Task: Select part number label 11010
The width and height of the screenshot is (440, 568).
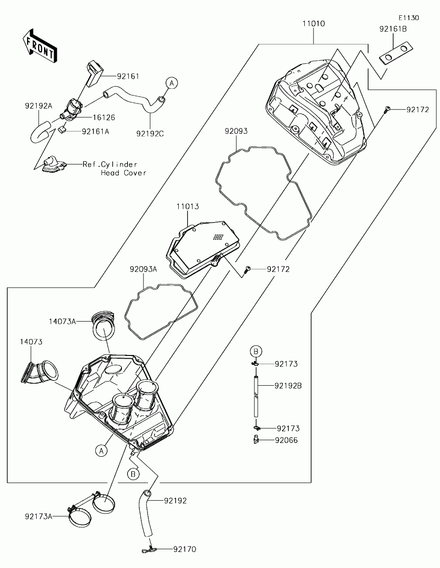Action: click(313, 23)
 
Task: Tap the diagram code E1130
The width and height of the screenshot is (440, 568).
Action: click(408, 18)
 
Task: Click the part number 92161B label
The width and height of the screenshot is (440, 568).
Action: click(393, 29)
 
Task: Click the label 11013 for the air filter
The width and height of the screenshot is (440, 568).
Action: click(187, 207)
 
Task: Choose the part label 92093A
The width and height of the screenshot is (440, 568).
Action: click(143, 269)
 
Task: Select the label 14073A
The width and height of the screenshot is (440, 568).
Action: click(62, 321)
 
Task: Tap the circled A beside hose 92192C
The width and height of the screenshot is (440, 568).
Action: click(171, 83)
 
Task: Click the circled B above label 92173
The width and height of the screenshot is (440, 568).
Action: click(256, 351)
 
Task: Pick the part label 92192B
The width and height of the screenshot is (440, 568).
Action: click(288, 385)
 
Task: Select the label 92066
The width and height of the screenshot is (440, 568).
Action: click(286, 440)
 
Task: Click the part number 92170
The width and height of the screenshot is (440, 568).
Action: click(184, 549)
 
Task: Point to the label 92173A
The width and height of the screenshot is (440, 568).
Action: click(39, 517)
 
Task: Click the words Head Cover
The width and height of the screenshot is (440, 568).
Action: click(124, 173)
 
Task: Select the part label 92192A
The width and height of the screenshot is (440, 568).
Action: click(38, 105)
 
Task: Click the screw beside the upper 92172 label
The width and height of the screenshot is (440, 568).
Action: click(387, 109)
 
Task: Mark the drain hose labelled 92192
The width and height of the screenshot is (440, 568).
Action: click(146, 513)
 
